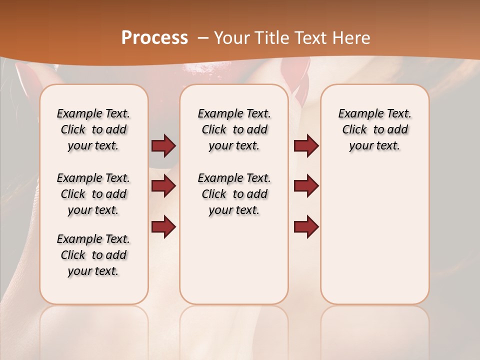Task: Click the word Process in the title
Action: pyautogui.click(x=154, y=38)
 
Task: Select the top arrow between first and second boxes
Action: pyautogui.click(x=163, y=146)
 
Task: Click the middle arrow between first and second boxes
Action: pyautogui.click(x=163, y=186)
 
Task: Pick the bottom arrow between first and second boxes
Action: pyautogui.click(x=163, y=227)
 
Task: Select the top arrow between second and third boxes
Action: pyautogui.click(x=306, y=146)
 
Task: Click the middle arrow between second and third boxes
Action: pyautogui.click(x=306, y=186)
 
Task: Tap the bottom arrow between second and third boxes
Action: pyautogui.click(x=306, y=227)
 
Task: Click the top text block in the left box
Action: pyautogui.click(x=93, y=129)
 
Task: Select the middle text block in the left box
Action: pyautogui.click(x=93, y=194)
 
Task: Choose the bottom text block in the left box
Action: pyautogui.click(x=93, y=255)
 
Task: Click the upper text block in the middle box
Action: pyautogui.click(x=234, y=129)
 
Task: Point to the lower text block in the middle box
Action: pyautogui.click(x=234, y=194)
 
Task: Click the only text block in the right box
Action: pyautogui.click(x=374, y=129)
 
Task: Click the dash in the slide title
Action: pyautogui.click(x=203, y=38)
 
